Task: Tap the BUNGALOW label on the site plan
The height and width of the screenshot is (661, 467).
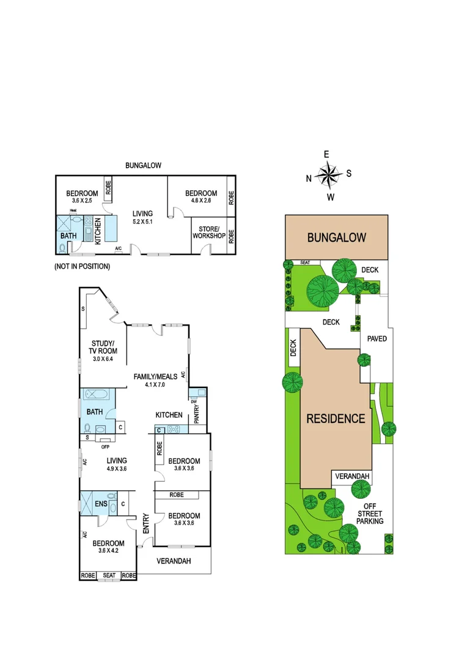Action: (336, 237)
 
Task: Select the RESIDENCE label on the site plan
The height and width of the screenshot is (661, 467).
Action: (336, 419)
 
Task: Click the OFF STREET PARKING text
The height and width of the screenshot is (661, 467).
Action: (370, 513)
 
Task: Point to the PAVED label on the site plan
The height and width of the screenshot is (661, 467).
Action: (377, 338)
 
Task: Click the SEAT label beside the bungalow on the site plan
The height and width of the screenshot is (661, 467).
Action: (306, 263)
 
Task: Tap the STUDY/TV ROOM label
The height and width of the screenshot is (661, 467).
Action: (104, 347)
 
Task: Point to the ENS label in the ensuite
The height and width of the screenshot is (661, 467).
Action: (101, 504)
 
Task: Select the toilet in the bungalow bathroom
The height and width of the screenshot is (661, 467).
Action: (62, 248)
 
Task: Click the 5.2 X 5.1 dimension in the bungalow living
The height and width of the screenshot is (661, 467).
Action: (142, 222)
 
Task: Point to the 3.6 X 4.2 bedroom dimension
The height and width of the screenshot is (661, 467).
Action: (108, 551)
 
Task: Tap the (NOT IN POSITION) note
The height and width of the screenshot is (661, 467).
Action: (82, 266)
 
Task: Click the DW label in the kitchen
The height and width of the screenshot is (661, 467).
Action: (194, 401)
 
